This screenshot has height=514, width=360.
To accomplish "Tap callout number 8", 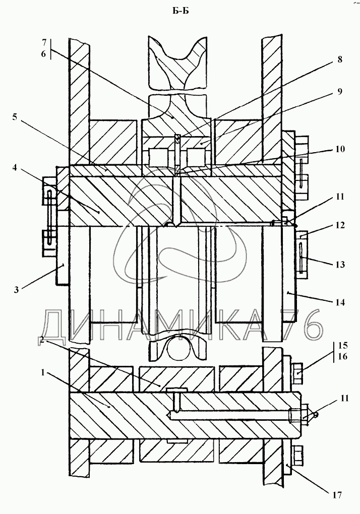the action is point(340,59).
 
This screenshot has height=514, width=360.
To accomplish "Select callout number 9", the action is point(340,91).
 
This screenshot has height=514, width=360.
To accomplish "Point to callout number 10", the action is point(340,149).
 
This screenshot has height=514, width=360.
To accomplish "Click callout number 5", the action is point(15,117).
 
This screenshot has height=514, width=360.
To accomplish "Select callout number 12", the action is point(340,225).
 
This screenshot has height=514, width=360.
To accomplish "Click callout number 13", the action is point(340,264).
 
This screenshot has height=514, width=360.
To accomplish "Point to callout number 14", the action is point(340,302).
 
